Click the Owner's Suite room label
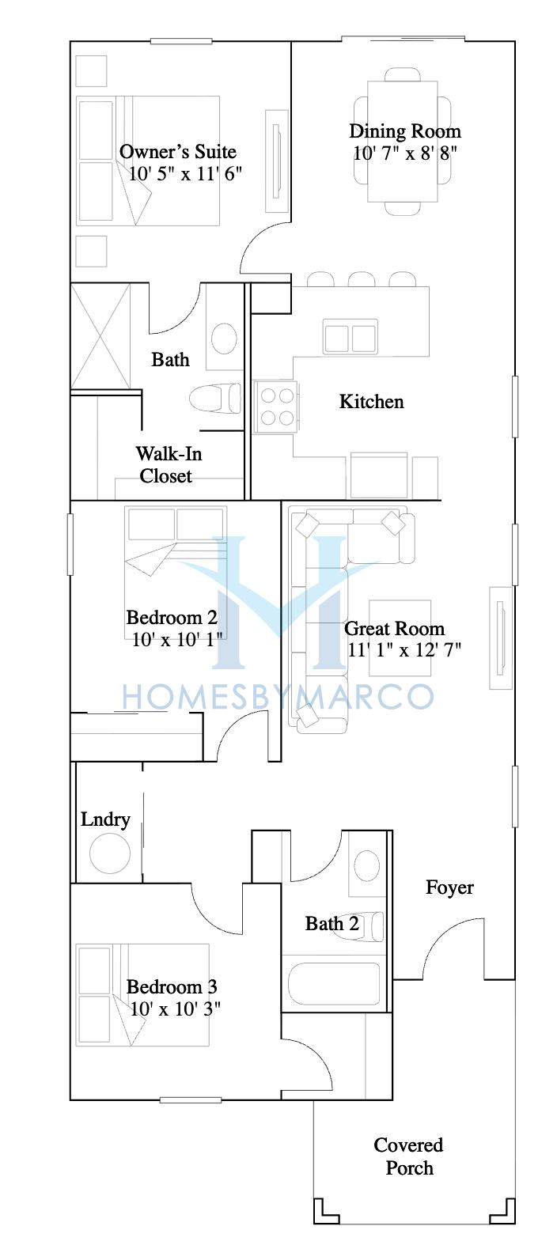178,152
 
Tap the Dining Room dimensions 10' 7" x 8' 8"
404,153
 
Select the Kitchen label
371,401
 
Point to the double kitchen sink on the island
350,336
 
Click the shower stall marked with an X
100,335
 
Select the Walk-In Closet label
169,464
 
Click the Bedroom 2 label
172,618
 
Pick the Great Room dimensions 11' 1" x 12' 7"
404,649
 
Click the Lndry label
105,819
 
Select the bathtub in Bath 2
334,983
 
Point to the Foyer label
449,887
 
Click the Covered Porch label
408,1156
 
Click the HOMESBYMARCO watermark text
278,696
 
